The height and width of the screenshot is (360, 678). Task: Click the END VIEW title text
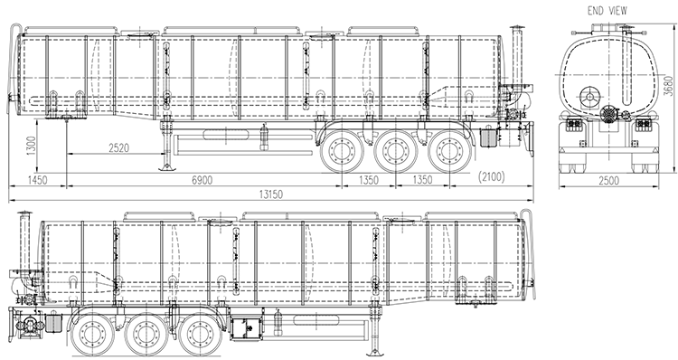tap(607, 11)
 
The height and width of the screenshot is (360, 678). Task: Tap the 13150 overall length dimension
tap(271, 194)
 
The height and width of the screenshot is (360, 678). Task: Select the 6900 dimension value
tap(202, 180)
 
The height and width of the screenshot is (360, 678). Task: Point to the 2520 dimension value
tap(118, 148)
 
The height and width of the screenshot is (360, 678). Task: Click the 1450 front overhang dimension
tap(37, 180)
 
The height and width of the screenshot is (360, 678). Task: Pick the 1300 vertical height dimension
tap(31, 147)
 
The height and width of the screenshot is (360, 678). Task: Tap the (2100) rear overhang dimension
tap(492, 177)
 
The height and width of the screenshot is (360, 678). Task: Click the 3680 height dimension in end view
tap(669, 86)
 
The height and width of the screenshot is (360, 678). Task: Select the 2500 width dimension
tap(608, 180)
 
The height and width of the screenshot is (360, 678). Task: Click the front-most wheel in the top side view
tap(342, 151)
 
